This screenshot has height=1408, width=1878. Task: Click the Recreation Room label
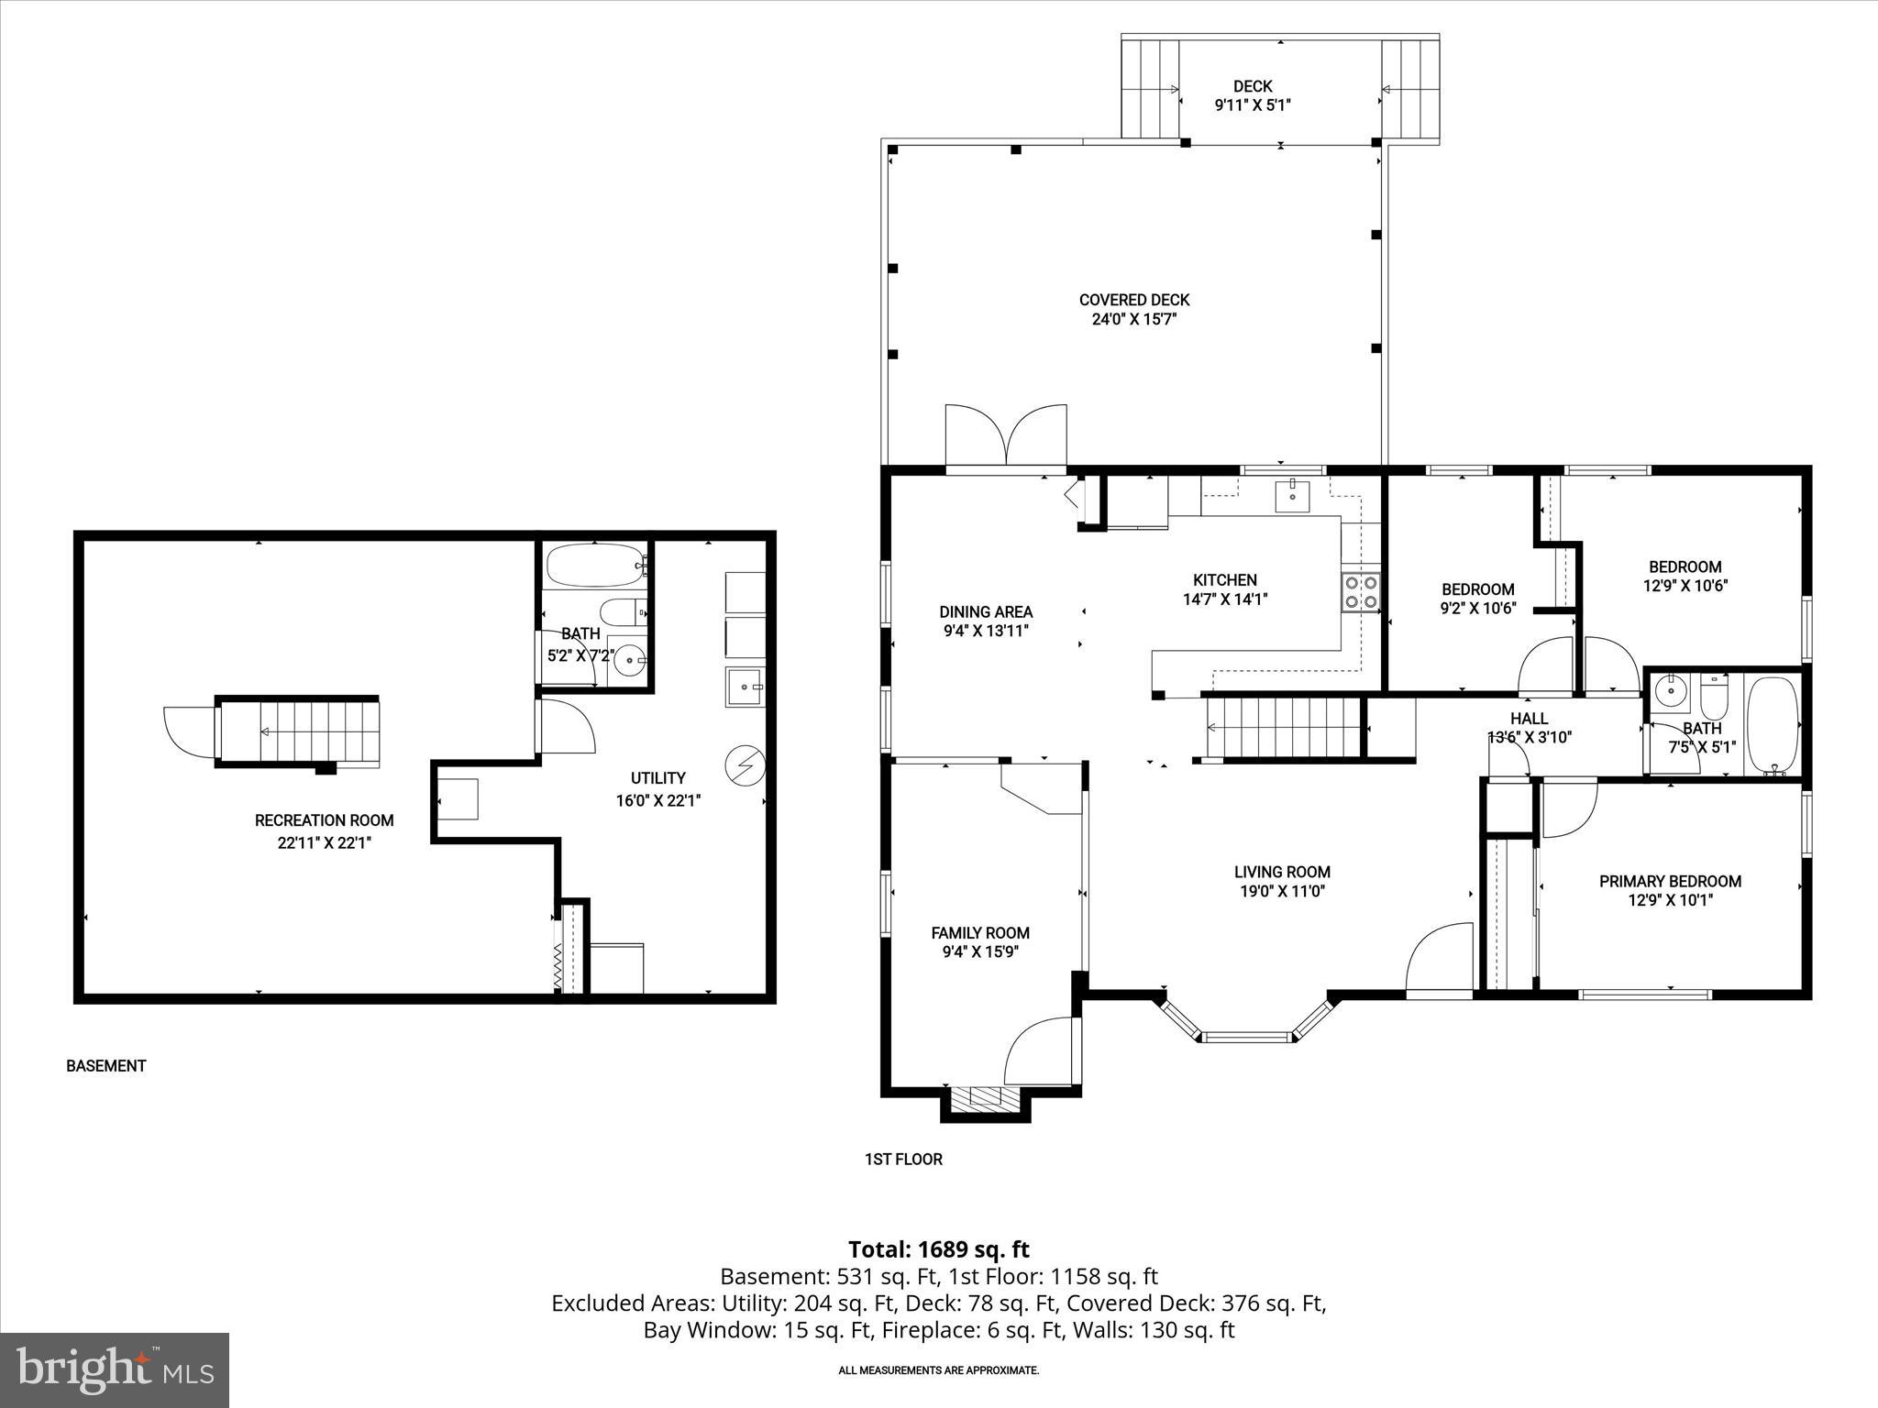point(324,820)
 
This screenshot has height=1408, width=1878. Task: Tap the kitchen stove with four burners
point(1360,591)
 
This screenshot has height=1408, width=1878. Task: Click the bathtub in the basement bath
point(593,566)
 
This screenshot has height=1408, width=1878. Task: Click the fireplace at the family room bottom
point(986,1099)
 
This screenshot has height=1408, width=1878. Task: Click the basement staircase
point(298,731)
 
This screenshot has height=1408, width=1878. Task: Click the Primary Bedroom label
point(1670,881)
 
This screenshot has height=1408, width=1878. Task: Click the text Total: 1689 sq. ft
point(938,1249)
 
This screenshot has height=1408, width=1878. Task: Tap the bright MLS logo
point(115,1369)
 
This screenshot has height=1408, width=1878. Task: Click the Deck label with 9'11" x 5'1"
point(1252,95)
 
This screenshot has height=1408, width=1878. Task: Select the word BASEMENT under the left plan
point(105,1066)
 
